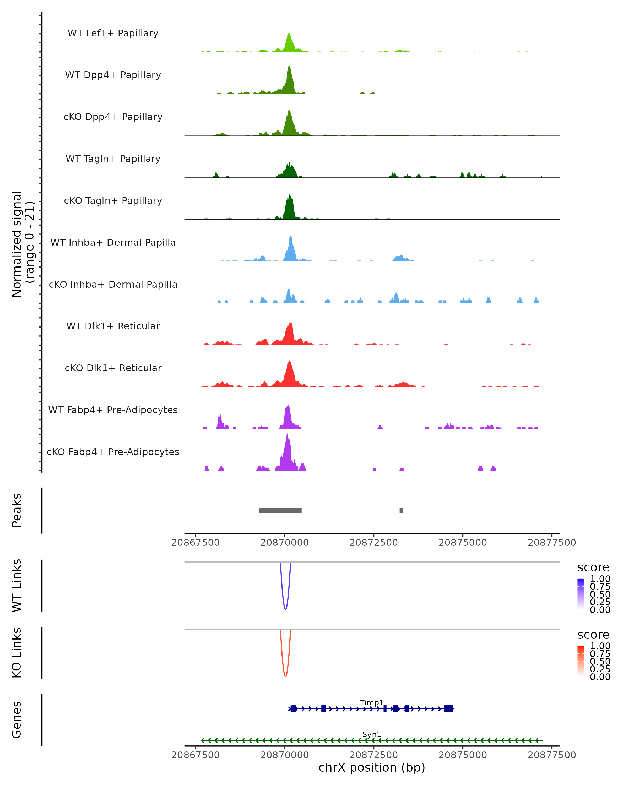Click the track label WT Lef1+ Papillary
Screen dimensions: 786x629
(x=113, y=33)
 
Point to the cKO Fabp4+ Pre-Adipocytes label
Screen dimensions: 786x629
(x=113, y=452)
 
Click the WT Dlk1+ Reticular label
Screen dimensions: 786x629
(x=113, y=326)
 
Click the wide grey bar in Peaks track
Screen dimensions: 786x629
(x=280, y=510)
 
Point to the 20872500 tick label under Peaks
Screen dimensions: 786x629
(x=373, y=543)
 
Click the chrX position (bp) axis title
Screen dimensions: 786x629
(x=372, y=767)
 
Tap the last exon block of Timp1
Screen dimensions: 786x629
(x=448, y=709)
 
